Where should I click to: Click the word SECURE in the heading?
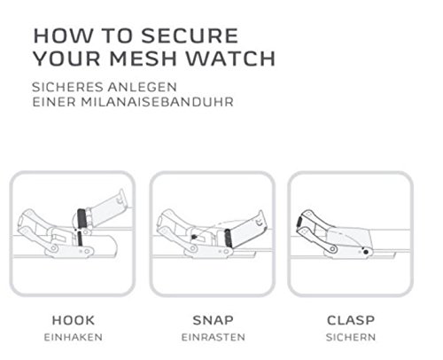click(190, 35)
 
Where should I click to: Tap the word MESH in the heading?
click(144, 59)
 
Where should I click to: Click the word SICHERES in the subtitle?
click(67, 87)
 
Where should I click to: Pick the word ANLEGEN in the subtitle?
click(142, 87)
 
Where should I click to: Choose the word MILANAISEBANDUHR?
click(157, 102)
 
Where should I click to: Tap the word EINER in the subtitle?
click(54, 102)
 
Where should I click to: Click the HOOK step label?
click(74, 320)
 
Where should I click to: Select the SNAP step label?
click(213, 320)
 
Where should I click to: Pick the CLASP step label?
click(351, 320)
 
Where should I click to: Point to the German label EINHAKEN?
click(74, 337)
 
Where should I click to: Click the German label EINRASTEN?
click(214, 337)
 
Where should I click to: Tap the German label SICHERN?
click(351, 337)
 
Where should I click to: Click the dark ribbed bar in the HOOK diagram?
click(82, 219)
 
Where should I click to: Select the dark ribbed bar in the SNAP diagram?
click(228, 239)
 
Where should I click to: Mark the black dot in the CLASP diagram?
click(366, 252)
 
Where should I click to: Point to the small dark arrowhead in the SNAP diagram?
click(193, 237)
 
